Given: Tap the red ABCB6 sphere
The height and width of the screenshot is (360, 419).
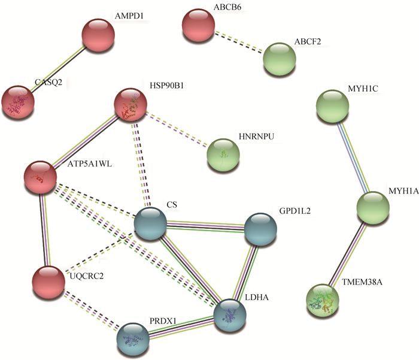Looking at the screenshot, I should [x=198, y=25].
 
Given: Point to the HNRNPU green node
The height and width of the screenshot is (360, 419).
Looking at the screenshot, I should [x=223, y=154].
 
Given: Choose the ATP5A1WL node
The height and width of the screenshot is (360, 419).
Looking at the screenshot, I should [x=39, y=177].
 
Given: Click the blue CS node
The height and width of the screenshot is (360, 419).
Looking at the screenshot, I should [x=150, y=223].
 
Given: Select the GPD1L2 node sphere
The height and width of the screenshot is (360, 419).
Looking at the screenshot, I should [x=260, y=229].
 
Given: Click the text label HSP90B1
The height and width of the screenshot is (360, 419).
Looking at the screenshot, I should [x=167, y=86].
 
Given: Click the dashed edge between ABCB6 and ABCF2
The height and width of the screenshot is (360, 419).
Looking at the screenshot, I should [x=239, y=42].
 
